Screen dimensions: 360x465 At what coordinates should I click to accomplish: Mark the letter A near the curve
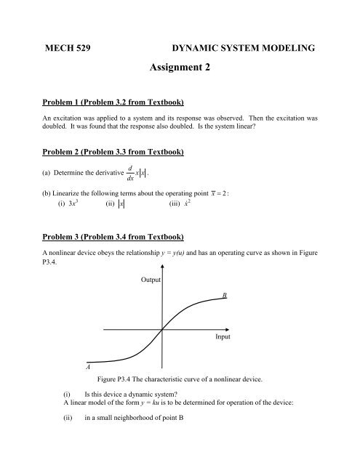click(x=87, y=368)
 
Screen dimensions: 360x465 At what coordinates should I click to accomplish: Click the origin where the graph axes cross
click(x=161, y=329)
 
